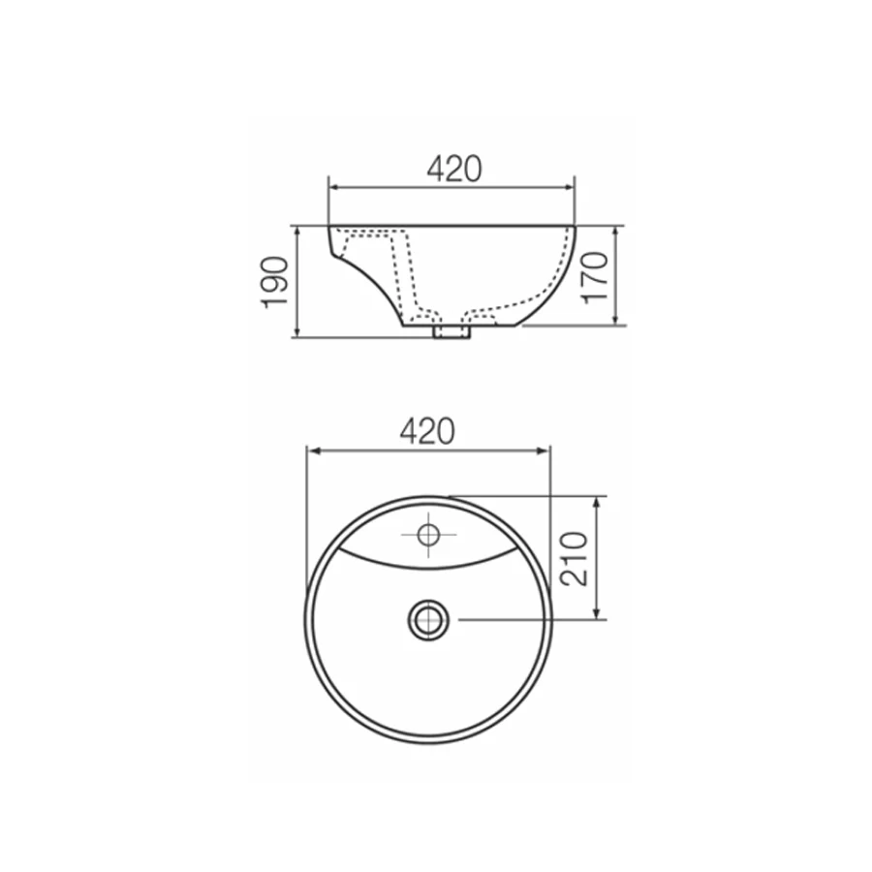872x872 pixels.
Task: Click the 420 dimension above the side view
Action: point(453,169)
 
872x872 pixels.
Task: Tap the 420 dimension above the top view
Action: point(427,431)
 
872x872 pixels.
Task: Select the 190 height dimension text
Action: point(275,282)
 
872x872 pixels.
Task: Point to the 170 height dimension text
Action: point(595,277)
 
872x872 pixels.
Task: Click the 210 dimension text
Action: point(575,558)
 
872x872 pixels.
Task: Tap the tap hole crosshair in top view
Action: point(428,535)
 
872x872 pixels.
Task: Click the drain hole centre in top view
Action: point(428,619)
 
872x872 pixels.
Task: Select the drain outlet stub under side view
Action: point(452,331)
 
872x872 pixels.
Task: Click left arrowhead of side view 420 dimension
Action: point(333,187)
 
